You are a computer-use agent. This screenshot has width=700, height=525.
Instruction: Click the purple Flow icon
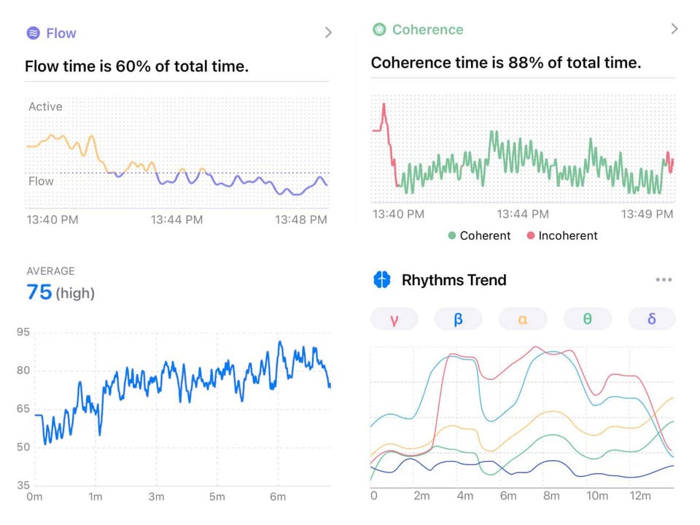33,33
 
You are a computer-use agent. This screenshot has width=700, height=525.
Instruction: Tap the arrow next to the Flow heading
328,33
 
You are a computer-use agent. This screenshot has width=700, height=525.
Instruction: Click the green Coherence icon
379,30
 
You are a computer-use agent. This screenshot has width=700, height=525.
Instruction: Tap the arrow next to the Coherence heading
674,29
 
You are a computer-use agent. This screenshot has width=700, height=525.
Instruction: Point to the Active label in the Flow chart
45,106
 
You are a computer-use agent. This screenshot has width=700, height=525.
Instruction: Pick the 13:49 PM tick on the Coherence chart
647,214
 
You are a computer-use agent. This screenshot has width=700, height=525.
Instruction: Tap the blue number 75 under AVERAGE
39,292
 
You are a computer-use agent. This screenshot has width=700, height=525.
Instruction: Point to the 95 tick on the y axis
23,332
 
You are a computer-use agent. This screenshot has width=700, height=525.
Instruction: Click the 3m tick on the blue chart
156,497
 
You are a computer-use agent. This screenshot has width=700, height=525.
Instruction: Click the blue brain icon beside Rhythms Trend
382,280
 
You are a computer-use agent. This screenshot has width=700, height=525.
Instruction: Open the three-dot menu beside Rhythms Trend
663,280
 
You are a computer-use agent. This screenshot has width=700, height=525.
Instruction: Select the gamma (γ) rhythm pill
394,319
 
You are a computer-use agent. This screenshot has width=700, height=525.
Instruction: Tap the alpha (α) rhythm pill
523,319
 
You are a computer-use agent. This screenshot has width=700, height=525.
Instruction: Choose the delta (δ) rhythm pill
651,319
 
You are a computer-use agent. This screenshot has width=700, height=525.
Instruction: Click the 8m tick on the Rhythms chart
552,497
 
